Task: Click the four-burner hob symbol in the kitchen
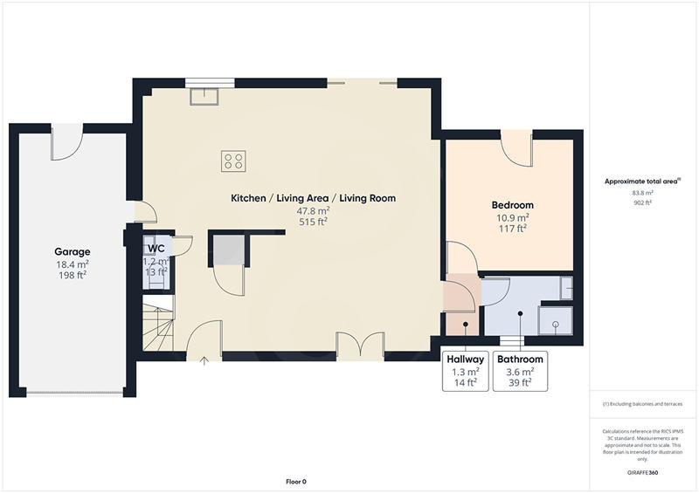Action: tap(233, 161)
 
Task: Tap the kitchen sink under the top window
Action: tap(204, 93)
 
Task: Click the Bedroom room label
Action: tap(513, 205)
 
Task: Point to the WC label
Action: tap(156, 249)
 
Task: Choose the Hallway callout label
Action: tap(466, 359)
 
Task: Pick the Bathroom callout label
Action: tap(520, 359)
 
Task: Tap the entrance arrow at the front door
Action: tap(204, 359)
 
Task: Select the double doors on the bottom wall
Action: tap(360, 343)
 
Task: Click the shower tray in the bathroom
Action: tap(556, 319)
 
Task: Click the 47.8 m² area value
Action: tap(313, 210)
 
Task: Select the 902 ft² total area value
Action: tap(642, 202)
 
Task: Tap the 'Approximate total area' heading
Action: tap(642, 181)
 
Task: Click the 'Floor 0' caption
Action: tap(296, 482)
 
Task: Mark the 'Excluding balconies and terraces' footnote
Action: tap(642, 404)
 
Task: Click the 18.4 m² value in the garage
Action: tap(73, 264)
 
